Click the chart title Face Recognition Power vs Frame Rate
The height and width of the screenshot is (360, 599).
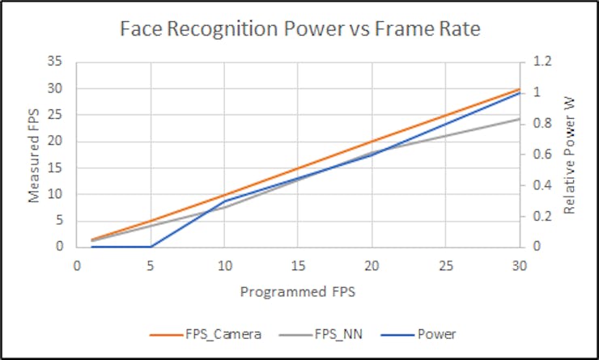[299, 30]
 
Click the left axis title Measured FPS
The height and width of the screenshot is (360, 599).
[35, 154]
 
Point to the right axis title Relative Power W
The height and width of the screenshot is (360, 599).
[569, 154]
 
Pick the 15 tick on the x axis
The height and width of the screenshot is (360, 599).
[298, 265]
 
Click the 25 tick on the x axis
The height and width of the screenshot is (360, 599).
[446, 265]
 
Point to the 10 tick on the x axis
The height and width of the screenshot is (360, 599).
[224, 265]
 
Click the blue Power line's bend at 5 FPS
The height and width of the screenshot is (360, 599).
[151, 246]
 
